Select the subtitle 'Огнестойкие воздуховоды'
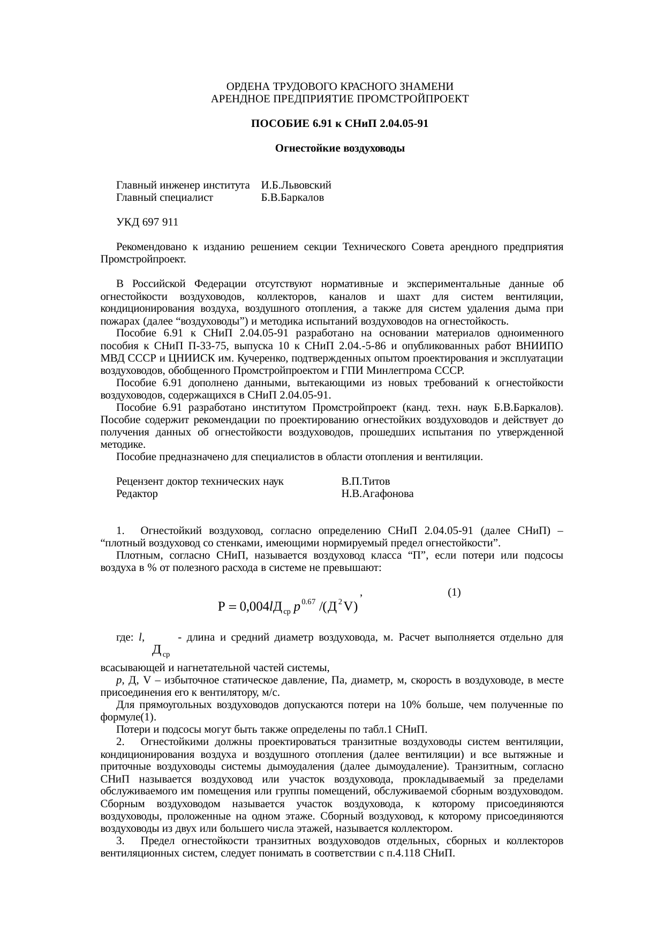coord(339,148)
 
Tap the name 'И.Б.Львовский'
coord(296,185)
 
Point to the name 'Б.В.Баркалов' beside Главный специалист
coord(292,198)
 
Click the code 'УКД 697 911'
coord(147,222)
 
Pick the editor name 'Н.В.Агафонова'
coord(377,494)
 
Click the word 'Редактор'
coord(137,494)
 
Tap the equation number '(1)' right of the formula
coord(454,592)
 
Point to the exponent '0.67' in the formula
coord(308,601)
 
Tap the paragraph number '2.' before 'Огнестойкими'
coord(120,742)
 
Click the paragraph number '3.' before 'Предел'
coord(120,840)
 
